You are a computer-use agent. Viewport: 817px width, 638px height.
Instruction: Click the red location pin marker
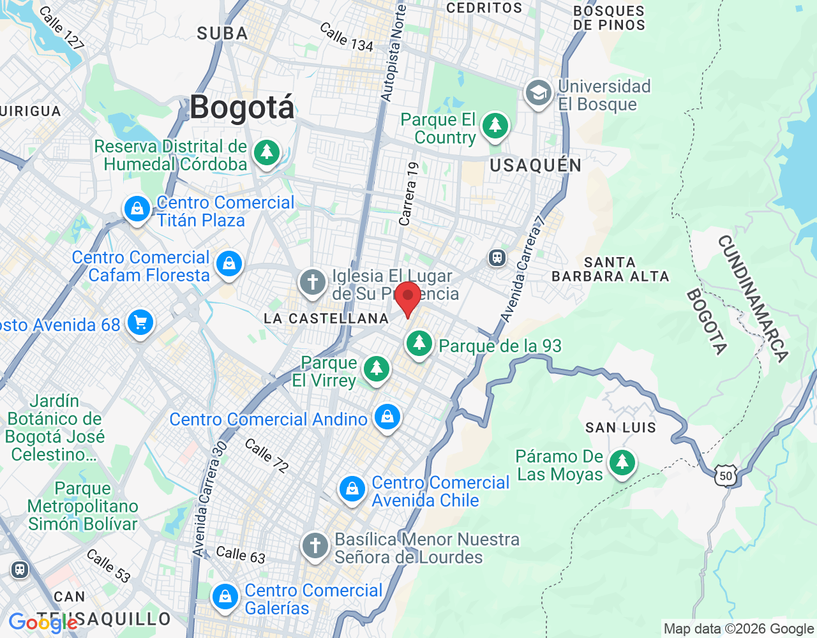[x=408, y=299]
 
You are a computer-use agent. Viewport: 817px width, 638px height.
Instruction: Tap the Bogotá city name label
[x=243, y=107]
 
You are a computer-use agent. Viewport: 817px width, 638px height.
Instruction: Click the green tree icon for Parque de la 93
[x=419, y=344]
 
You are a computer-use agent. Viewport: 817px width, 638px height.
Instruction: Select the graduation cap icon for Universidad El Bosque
[x=538, y=93]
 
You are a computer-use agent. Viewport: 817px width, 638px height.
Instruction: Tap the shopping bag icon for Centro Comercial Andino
[x=387, y=417]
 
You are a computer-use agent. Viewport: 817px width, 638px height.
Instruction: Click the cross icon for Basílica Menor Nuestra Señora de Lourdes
[x=315, y=546]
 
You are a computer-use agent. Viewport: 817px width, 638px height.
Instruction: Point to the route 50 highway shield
[x=726, y=476]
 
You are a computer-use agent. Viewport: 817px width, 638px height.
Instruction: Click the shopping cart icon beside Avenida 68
[x=140, y=323]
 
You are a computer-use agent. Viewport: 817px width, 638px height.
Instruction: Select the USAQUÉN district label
[x=536, y=165]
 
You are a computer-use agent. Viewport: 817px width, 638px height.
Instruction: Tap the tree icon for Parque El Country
[x=495, y=126]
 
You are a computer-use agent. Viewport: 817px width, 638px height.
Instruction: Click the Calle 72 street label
[x=267, y=455]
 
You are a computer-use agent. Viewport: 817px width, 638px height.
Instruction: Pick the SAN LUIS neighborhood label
[x=620, y=427]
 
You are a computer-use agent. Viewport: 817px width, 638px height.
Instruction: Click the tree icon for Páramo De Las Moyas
[x=622, y=463]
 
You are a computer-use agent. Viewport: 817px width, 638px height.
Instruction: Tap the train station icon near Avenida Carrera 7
[x=497, y=258]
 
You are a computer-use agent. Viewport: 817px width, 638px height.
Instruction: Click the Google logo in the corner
[x=43, y=623]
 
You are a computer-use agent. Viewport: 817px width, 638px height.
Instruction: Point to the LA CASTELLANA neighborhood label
[x=326, y=318]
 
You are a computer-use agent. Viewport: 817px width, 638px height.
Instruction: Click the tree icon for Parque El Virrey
[x=377, y=369]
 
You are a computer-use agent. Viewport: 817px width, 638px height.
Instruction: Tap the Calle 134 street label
[x=346, y=37]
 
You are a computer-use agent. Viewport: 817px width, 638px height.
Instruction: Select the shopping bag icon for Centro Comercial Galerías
[x=225, y=597]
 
